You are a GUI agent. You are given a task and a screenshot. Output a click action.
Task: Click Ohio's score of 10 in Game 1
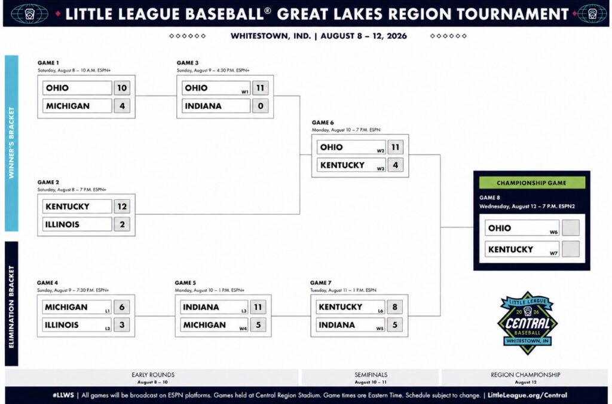click(x=122, y=88)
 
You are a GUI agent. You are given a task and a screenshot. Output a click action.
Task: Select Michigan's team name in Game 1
click(x=68, y=106)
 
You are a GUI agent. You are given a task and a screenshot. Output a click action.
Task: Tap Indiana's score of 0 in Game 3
click(x=261, y=106)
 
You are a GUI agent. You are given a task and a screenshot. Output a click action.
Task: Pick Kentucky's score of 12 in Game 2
click(x=122, y=206)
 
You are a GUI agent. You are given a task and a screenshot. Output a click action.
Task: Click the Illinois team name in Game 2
click(x=62, y=224)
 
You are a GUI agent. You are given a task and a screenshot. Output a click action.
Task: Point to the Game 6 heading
click(x=323, y=122)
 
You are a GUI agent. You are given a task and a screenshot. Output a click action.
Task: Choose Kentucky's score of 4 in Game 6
click(x=396, y=165)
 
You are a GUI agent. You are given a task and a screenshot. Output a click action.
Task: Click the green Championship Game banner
click(x=531, y=183)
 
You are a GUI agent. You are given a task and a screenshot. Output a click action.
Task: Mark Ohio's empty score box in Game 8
click(x=571, y=228)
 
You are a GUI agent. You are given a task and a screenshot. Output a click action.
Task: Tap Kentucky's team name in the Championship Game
click(x=510, y=249)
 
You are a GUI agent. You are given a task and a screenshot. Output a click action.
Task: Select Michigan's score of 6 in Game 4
click(x=122, y=307)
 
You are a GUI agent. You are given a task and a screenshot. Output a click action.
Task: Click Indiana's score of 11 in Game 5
click(x=258, y=307)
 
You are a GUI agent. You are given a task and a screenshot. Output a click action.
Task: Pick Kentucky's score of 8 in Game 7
click(x=394, y=307)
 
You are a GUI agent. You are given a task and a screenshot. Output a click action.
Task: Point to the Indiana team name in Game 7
click(x=337, y=325)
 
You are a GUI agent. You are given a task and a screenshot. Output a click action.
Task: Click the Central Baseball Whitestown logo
click(x=527, y=323)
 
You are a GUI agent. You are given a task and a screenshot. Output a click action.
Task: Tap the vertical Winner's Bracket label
click(x=11, y=143)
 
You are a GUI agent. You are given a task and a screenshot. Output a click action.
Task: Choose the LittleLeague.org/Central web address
click(x=527, y=395)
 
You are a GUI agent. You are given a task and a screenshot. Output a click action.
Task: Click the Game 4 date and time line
click(x=73, y=290)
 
